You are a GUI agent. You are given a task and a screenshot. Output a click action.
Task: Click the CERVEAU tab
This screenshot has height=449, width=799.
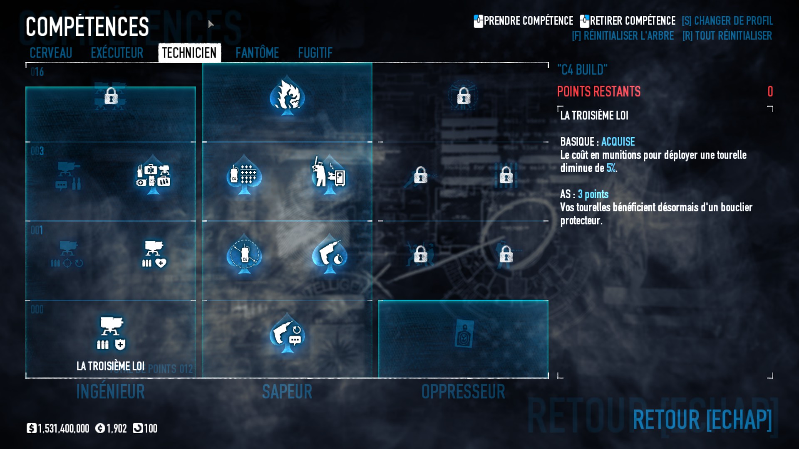point(51,53)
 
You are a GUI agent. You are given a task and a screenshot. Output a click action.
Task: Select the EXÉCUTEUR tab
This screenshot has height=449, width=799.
point(117,53)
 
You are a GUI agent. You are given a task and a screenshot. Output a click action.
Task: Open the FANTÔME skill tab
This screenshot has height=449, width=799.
point(257,53)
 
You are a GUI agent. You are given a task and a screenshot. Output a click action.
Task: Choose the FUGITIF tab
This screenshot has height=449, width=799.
point(315,53)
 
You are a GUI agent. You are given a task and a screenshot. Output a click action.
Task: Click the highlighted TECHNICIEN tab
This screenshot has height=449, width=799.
point(189,53)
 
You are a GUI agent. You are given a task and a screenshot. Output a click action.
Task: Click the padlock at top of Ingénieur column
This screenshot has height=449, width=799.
point(111,96)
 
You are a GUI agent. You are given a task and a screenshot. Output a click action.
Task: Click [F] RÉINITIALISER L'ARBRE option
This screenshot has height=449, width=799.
point(623,36)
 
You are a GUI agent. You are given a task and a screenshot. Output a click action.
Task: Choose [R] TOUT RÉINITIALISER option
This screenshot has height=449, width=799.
point(727,36)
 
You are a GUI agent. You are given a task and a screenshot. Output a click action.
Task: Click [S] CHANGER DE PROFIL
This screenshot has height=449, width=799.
point(727,21)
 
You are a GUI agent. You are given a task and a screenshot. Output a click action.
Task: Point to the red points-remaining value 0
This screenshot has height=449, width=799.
point(770,91)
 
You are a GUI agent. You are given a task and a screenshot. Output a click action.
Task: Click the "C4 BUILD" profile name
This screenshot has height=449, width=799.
point(582,69)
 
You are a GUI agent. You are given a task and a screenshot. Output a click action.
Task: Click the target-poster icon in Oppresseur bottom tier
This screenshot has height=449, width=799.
point(463,333)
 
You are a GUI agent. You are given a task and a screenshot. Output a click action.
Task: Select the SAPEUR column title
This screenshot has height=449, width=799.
point(287,392)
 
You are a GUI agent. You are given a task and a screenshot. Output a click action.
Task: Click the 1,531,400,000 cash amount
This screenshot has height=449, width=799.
point(63,429)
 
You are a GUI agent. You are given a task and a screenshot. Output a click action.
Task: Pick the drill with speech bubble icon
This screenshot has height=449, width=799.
point(287,335)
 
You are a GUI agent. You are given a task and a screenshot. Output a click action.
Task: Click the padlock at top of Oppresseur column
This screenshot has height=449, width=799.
point(463,96)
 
